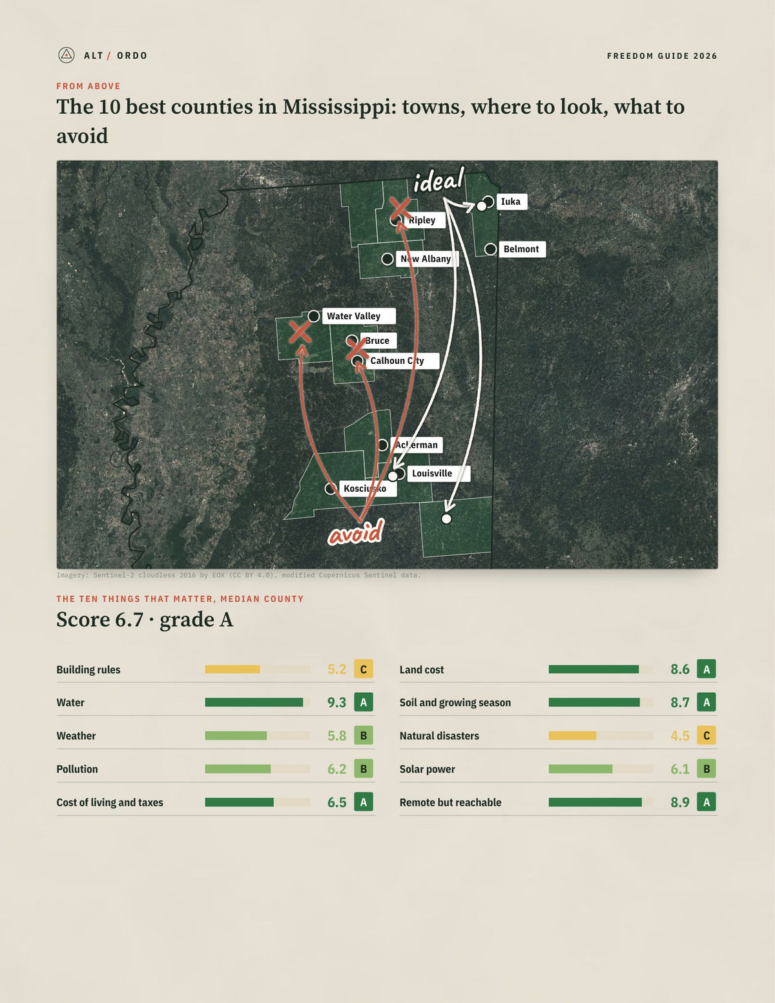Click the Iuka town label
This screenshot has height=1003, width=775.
[x=512, y=202]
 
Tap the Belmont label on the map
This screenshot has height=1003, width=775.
[x=522, y=249]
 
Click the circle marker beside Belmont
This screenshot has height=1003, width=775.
[x=491, y=249]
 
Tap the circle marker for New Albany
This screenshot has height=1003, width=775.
[x=387, y=259]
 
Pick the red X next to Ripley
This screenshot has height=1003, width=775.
[x=400, y=209]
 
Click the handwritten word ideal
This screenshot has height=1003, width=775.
[x=439, y=180]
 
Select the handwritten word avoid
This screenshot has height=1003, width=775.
[x=356, y=532]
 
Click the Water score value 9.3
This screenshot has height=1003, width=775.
[x=336, y=702]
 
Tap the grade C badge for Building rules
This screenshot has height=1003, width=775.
[x=364, y=670]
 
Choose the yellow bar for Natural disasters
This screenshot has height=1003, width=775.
[x=572, y=735]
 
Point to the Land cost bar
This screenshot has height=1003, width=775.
[x=594, y=670]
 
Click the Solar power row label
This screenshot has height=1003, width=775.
[x=428, y=770]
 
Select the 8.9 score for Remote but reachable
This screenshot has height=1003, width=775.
[x=680, y=802]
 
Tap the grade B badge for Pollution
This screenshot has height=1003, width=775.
[x=364, y=769]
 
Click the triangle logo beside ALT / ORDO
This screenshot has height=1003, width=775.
[x=67, y=56]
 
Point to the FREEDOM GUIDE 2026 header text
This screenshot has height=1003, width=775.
[x=662, y=56]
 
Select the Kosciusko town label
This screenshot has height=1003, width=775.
[x=368, y=489]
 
